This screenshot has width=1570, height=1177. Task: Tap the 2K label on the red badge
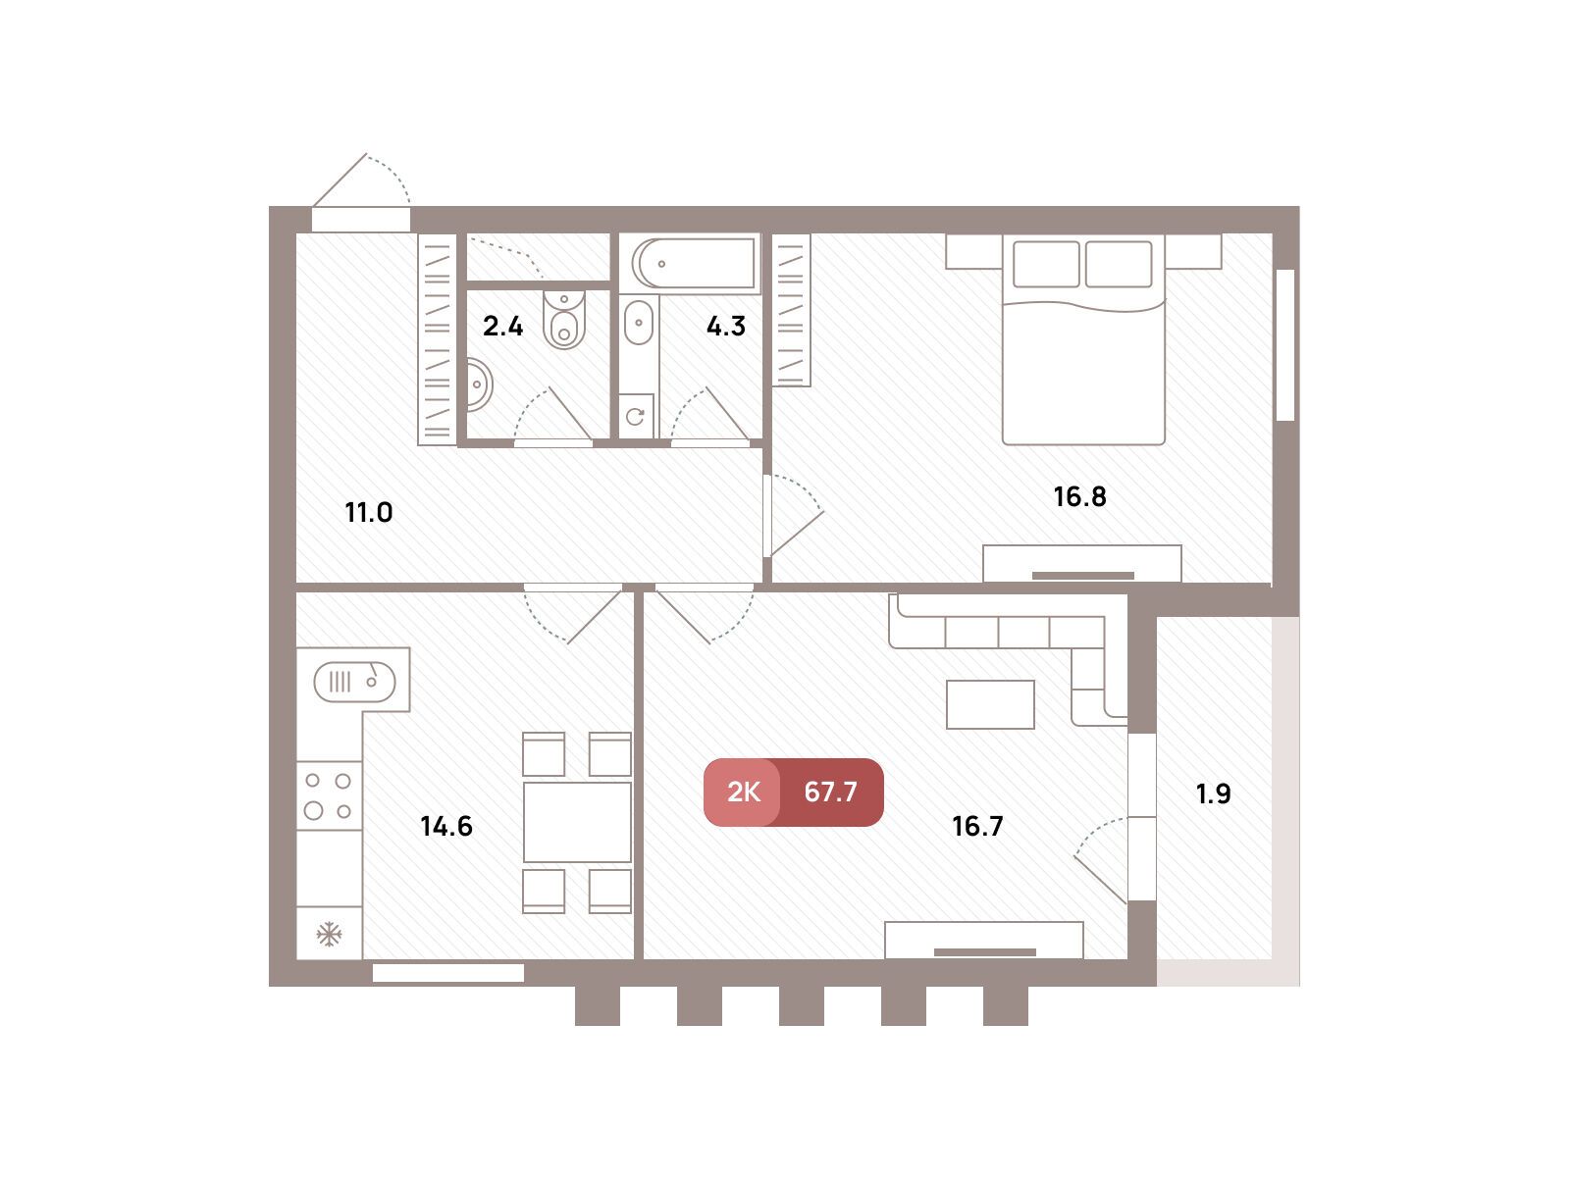tap(743, 792)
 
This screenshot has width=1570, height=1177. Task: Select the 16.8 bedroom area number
tap(1079, 496)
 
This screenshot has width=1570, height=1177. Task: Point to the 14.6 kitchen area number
tap(446, 826)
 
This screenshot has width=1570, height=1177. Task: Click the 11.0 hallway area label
tap(368, 512)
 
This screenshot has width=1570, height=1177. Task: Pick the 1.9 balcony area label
tap(1213, 793)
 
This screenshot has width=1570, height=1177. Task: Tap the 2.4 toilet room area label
tap(502, 327)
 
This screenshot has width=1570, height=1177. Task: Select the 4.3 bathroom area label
tap(726, 327)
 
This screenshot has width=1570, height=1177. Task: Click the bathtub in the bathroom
tap(693, 263)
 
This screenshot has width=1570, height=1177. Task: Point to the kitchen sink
tap(354, 682)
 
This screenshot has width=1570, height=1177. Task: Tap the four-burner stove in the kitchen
tap(329, 795)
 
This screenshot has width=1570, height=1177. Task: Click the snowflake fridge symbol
tap(329, 934)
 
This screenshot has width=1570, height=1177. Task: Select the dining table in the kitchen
tap(577, 823)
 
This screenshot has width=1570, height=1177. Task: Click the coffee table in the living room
tap(990, 704)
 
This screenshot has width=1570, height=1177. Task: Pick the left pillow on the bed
tap(1046, 264)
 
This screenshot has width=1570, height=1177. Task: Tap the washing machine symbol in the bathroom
tap(636, 416)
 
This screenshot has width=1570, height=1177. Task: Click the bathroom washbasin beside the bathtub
tap(639, 323)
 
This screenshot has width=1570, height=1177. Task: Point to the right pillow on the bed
tap(1119, 264)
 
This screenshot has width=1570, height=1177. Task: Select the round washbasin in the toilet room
tap(479, 385)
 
